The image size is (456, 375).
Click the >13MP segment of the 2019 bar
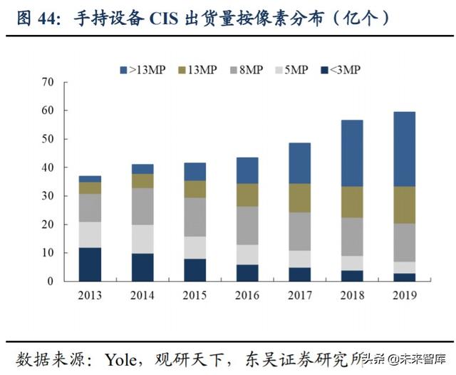click(x=404, y=149)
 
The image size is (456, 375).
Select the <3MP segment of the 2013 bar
click(x=90, y=264)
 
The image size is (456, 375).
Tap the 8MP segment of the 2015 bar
click(x=195, y=217)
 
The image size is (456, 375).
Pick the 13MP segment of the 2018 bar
click(x=352, y=202)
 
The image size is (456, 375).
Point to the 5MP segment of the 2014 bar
click(x=142, y=239)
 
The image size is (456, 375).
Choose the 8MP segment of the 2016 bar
click(x=247, y=225)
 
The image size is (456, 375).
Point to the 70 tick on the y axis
click(x=48, y=83)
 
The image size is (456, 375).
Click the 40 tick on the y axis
click(x=48, y=168)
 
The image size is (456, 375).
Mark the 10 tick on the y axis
click(x=48, y=253)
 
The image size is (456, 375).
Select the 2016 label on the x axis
click(x=247, y=295)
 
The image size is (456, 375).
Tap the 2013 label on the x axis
click(x=90, y=295)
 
